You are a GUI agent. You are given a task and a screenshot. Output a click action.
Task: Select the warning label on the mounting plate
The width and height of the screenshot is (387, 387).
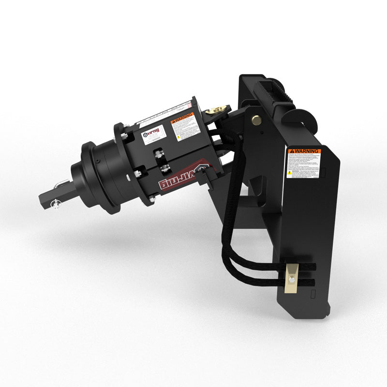click(306, 164)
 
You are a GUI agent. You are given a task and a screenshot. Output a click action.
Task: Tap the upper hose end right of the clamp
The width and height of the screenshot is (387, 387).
click(309, 267)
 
